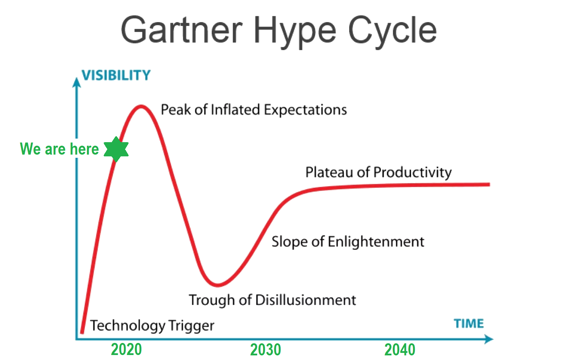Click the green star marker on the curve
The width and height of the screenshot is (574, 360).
[116, 149]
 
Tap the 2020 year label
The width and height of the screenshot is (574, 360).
[126, 349]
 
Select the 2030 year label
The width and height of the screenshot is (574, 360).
[265, 350]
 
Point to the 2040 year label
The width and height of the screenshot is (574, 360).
[400, 350]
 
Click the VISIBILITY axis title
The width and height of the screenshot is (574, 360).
[116, 75]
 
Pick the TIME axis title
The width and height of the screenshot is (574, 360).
[469, 323]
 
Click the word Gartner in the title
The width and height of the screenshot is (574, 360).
[182, 30]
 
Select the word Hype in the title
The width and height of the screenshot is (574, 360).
[295, 32]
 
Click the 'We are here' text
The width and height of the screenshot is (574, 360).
[59, 149]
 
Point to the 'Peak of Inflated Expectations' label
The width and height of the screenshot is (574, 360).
[254, 110]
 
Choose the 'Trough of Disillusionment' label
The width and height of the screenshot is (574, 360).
[272, 300]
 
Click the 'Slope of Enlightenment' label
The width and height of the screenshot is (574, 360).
[348, 242]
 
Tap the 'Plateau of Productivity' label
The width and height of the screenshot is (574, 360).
[379, 172]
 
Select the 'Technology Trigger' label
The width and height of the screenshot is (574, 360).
[152, 326]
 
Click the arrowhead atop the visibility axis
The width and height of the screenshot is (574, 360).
[76, 82]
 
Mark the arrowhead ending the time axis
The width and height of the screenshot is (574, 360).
[489, 339]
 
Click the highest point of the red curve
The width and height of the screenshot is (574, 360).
[141, 106]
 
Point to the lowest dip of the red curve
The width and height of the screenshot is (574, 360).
[218, 285]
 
